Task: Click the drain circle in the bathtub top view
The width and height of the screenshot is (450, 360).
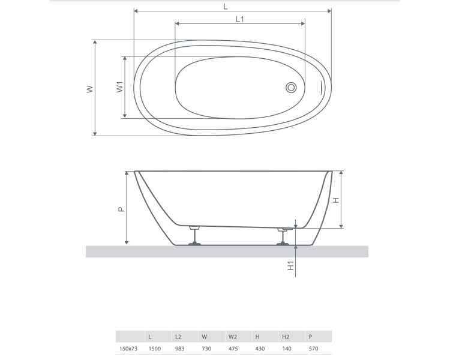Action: click(x=291, y=88)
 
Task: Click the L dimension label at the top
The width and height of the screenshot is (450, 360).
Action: click(x=226, y=7)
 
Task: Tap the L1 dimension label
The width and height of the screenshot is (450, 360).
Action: click(x=240, y=19)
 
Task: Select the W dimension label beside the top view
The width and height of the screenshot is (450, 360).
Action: click(x=90, y=89)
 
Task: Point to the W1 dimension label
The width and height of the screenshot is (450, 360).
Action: click(x=119, y=87)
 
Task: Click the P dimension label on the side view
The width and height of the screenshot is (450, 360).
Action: click(x=121, y=209)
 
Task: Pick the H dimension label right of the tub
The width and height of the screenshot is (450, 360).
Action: click(x=336, y=200)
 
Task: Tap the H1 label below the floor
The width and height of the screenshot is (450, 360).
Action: click(x=291, y=266)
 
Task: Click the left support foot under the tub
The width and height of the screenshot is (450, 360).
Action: click(x=194, y=236)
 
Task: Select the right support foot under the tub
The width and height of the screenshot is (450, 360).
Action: click(x=283, y=237)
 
